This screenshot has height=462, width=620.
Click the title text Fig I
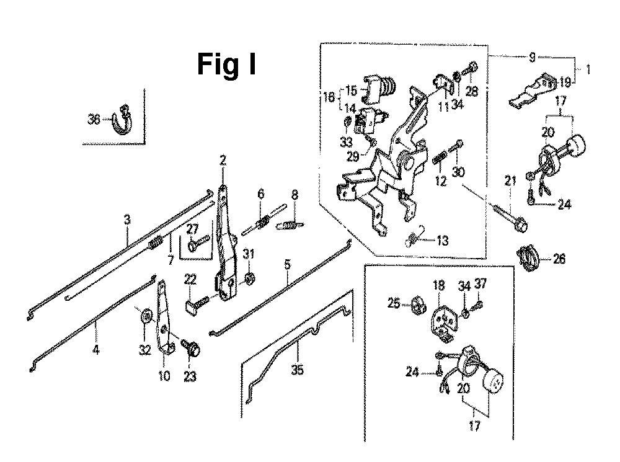tap(226, 64)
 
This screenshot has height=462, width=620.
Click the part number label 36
tap(94, 120)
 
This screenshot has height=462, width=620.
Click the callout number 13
tap(443, 241)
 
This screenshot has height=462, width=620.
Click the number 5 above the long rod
tap(287, 264)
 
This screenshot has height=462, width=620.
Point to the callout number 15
tap(351, 91)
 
